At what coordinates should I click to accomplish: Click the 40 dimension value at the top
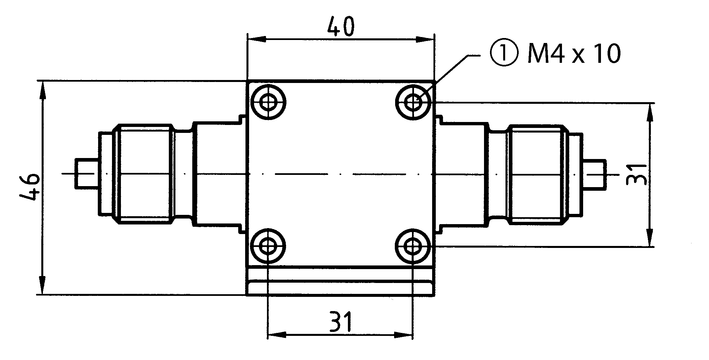(341, 27)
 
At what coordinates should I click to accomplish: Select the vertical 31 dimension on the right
(637, 174)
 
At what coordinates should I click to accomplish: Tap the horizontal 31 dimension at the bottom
(340, 322)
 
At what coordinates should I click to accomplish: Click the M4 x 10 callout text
(574, 54)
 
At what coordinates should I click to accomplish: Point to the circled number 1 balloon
(502, 54)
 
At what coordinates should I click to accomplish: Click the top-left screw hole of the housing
(268, 102)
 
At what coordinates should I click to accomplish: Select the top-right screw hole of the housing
(412, 102)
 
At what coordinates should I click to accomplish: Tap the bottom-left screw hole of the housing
(268, 246)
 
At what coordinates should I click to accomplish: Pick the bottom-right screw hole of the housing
(412, 246)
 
